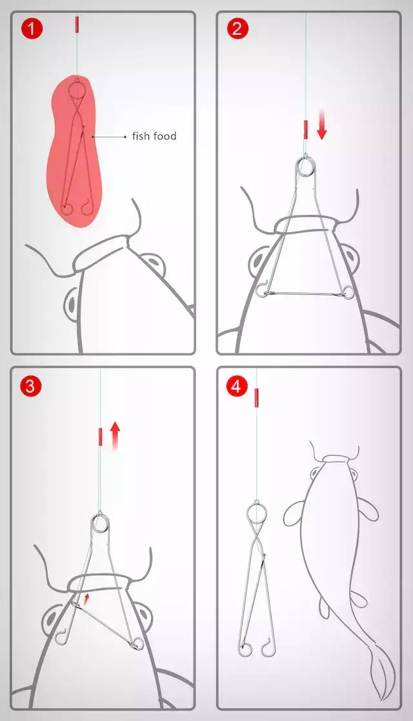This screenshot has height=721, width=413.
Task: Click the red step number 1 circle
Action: coord(31,29)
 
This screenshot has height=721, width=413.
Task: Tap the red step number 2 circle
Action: coord(237,28)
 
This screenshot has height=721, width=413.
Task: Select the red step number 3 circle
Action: coord(30,385)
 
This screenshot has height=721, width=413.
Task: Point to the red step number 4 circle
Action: coord(236,386)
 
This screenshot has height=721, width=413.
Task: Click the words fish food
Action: coord(154,136)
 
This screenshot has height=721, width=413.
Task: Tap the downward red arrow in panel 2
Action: coord(322,125)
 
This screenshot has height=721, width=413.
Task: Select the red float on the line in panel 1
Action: coord(77,25)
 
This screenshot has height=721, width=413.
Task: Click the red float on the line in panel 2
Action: coord(305,130)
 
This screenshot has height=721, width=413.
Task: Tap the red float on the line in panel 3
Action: coord(100,437)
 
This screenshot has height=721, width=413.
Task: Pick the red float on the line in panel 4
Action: coord(256,396)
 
